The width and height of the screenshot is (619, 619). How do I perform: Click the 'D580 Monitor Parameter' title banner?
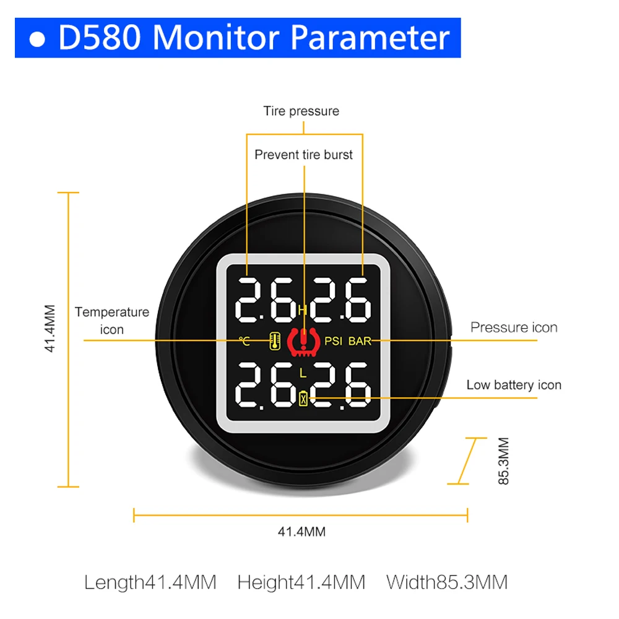click(x=238, y=38)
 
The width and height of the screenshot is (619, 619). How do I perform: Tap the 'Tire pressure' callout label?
click(x=301, y=111)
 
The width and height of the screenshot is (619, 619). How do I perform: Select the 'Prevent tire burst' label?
click(x=303, y=155)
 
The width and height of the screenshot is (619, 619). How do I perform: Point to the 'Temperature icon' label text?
click(x=112, y=321)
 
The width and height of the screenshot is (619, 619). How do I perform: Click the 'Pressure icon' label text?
click(x=514, y=327)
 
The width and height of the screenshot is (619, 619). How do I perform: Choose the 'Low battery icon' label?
click(x=514, y=385)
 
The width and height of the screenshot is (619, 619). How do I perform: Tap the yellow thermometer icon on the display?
click(x=274, y=340)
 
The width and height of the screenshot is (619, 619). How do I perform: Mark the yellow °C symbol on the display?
click(x=245, y=341)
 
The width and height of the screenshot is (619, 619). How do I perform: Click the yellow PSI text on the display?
click(x=333, y=341)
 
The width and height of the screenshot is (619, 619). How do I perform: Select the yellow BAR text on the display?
click(x=360, y=341)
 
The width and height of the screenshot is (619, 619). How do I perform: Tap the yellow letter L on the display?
click(x=303, y=373)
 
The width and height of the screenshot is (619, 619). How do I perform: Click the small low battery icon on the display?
click(x=303, y=399)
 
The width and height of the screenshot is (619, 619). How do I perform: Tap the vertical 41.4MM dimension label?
click(x=50, y=328)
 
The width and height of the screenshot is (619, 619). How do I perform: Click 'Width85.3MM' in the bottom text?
click(x=447, y=582)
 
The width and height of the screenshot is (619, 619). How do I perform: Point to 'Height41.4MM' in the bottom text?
click(x=301, y=582)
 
